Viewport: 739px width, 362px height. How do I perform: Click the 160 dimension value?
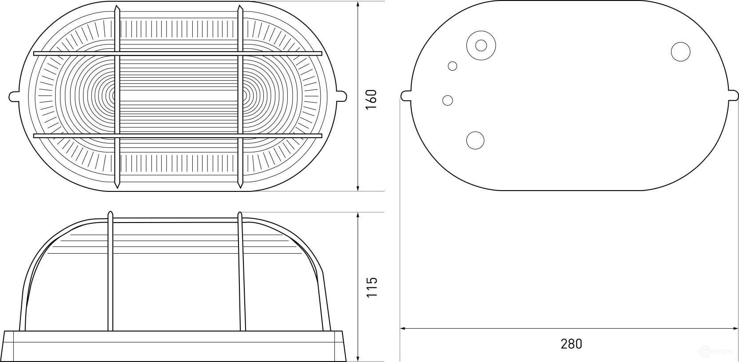tap(372, 100)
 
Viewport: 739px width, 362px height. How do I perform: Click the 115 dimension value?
tap(372, 286)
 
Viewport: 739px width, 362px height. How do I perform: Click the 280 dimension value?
tap(572, 344)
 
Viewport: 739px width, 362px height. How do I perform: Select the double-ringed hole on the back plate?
tap(481, 46)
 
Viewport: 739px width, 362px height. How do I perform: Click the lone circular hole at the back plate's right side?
tap(681, 52)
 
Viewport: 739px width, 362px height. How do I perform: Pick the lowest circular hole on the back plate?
tap(475, 140)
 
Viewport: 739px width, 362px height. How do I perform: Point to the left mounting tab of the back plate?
tap(406, 95)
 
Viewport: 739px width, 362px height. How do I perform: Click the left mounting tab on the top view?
tap(14, 96)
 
